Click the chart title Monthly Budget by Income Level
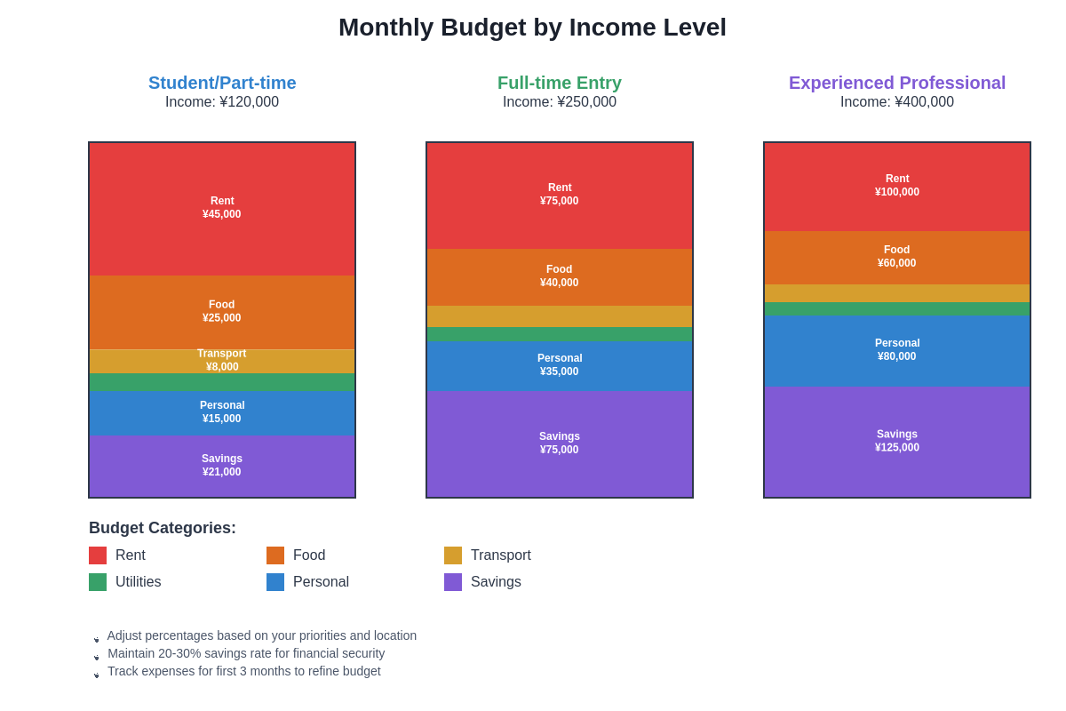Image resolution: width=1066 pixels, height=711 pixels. tap(532, 28)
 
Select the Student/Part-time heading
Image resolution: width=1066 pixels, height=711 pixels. tap(222, 83)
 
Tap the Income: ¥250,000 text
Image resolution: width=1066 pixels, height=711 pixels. tap(560, 102)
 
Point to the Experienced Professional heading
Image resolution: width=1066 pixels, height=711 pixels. tap(897, 83)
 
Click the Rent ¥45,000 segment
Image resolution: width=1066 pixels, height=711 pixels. tap(222, 208)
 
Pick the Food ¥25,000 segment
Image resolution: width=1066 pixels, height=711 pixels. tap(222, 312)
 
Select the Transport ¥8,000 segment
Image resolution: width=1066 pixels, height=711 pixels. tap(222, 361)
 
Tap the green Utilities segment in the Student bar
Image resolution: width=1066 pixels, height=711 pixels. tap(222, 382)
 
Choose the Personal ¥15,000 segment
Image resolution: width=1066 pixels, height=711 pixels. tap(222, 412)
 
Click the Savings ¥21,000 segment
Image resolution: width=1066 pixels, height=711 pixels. tap(222, 466)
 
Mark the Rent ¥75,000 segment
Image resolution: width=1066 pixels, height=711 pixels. tap(560, 195)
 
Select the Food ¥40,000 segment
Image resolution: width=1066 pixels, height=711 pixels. tap(560, 276)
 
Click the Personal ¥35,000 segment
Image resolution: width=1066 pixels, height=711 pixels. tap(560, 365)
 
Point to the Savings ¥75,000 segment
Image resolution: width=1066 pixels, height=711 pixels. tap(560, 443)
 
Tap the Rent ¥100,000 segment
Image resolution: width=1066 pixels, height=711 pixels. tap(897, 186)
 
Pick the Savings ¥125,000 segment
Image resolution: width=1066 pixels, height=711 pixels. tap(897, 442)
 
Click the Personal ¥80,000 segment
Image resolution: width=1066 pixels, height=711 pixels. tap(897, 350)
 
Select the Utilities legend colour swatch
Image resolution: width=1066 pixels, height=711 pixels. tap(98, 582)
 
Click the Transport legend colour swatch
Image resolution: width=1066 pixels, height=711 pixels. tap(453, 555)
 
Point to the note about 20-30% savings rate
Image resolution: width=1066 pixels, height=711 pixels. tap(246, 653)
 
